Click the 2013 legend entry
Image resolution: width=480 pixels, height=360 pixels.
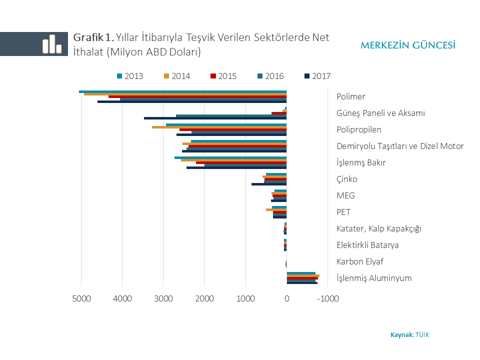130,76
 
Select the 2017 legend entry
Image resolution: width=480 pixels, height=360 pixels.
317,76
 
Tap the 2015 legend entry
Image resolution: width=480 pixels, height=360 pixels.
223,76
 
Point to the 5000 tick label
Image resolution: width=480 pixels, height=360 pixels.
81,299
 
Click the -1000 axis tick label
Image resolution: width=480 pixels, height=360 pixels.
328,299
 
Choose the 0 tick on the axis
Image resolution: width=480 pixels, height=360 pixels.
286,299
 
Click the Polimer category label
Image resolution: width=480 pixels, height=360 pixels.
351,96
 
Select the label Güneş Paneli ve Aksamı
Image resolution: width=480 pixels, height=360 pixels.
380,113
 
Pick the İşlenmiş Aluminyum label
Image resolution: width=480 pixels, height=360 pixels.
374,278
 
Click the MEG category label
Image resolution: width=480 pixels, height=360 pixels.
346,195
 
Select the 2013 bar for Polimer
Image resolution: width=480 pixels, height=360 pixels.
182,91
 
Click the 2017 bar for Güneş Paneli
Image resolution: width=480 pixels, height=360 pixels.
215,118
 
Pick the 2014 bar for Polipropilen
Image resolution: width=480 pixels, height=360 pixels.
219,127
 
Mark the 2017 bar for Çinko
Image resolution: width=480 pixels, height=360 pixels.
269,184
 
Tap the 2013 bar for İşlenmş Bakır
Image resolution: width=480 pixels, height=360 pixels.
230,157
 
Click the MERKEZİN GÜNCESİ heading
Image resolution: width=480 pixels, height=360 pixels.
408,45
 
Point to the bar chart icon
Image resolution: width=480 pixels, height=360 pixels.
51,44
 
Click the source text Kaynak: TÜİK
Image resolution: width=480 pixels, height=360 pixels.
409,334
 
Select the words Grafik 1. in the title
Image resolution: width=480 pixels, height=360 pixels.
94,37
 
